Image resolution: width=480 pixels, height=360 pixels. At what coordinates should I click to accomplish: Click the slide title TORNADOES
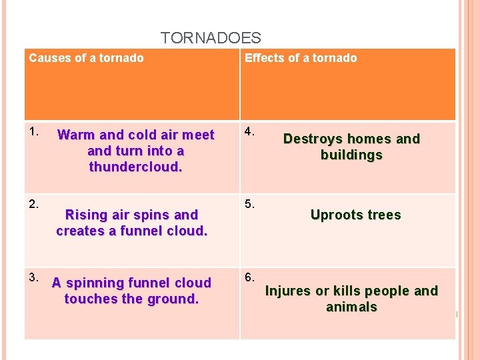tap(211, 38)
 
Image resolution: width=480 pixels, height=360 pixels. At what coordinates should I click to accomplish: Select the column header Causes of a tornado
tap(86, 58)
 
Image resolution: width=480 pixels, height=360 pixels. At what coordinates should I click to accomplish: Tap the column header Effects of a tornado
tap(301, 58)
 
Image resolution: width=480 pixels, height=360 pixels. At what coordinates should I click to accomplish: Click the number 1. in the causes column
tap(34, 132)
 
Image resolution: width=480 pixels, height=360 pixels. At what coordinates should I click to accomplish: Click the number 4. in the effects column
tap(249, 132)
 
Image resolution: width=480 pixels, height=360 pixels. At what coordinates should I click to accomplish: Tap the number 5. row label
tap(250, 203)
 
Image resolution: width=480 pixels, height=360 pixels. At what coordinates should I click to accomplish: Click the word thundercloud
tap(135, 167)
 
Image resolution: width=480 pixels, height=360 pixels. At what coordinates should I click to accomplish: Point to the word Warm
tap(75, 135)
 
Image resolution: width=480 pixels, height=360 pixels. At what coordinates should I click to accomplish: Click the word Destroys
tap(311, 139)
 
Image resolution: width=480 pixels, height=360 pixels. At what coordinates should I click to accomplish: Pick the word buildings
tap(351, 155)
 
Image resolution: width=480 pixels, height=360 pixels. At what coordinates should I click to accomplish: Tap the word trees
tap(384, 215)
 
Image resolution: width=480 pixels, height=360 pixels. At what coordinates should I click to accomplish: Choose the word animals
tap(351, 307)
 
